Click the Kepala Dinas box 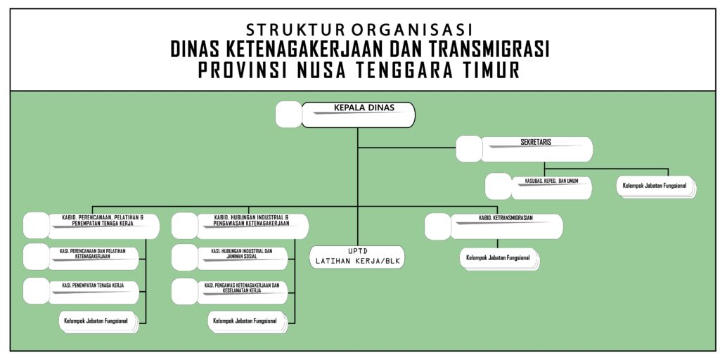pyautogui.click(x=358, y=115)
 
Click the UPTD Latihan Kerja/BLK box pyautogui.click(x=358, y=257)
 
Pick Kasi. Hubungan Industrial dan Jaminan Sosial pyautogui.click(x=242, y=257)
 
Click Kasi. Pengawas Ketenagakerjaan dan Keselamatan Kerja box pyautogui.click(x=242, y=290)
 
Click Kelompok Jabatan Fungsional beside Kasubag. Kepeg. pyautogui.click(x=655, y=187)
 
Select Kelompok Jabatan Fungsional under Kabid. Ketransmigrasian pyautogui.click(x=498, y=258)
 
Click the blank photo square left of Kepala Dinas pyautogui.click(x=288, y=115)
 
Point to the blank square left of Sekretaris pyautogui.click(x=469, y=148)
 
